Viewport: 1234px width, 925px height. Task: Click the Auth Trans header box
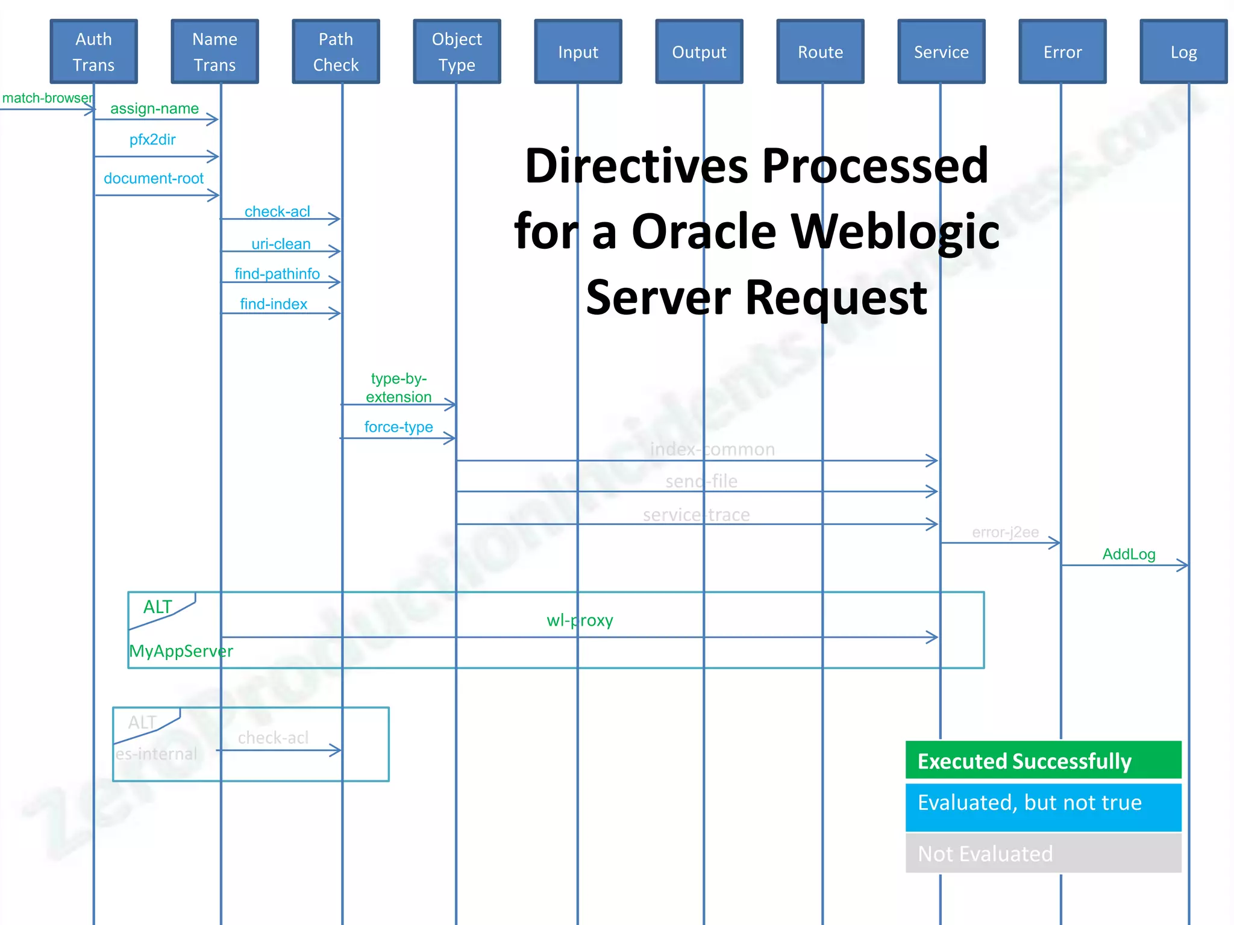(x=93, y=52)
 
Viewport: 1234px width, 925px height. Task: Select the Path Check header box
(x=336, y=52)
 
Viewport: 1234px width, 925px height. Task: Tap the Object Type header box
(x=457, y=52)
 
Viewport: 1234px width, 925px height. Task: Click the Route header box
(x=820, y=52)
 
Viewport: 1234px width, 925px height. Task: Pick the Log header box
(x=1183, y=52)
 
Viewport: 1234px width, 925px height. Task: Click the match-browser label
(x=47, y=98)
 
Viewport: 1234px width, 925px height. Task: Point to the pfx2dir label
(x=152, y=140)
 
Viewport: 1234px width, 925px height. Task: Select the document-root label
(x=154, y=178)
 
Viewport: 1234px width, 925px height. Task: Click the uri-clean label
(x=281, y=244)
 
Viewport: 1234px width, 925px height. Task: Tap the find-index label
(x=274, y=304)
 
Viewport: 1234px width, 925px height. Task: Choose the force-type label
(x=398, y=427)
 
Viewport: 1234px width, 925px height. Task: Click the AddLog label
(x=1129, y=554)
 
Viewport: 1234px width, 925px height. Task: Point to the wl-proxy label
(x=580, y=620)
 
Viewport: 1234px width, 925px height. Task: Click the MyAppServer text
(x=181, y=651)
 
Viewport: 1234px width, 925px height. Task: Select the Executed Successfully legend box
(x=1043, y=761)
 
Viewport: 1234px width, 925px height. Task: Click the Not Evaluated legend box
(x=1043, y=853)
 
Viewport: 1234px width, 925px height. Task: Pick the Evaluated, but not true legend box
(x=1043, y=807)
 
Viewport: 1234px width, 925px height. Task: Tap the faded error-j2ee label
(x=1005, y=532)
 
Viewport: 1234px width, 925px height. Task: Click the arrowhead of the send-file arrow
(x=933, y=491)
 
